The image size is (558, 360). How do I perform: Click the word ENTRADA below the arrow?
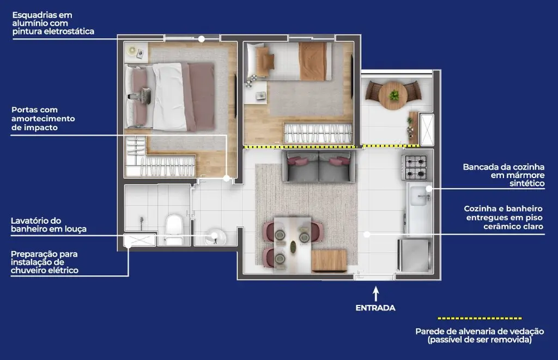(x=375, y=308)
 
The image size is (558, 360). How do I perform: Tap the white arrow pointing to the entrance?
(x=376, y=294)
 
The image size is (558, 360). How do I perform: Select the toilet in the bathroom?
(x=174, y=229)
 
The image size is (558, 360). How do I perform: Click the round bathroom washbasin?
(x=215, y=236)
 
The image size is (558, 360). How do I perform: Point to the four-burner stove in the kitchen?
(x=414, y=168)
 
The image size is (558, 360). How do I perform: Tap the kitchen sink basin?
(x=419, y=196)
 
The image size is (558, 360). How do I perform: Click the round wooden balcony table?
(x=393, y=95)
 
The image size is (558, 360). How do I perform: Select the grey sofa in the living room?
(x=318, y=166)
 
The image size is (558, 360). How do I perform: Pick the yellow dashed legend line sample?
(x=480, y=319)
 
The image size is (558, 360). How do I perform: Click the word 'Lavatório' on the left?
(x=31, y=221)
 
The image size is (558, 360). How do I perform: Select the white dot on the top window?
(x=202, y=39)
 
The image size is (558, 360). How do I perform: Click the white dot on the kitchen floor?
(x=367, y=234)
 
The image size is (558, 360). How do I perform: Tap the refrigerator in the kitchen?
(x=414, y=255)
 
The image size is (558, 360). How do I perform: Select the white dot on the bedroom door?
(x=226, y=178)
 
